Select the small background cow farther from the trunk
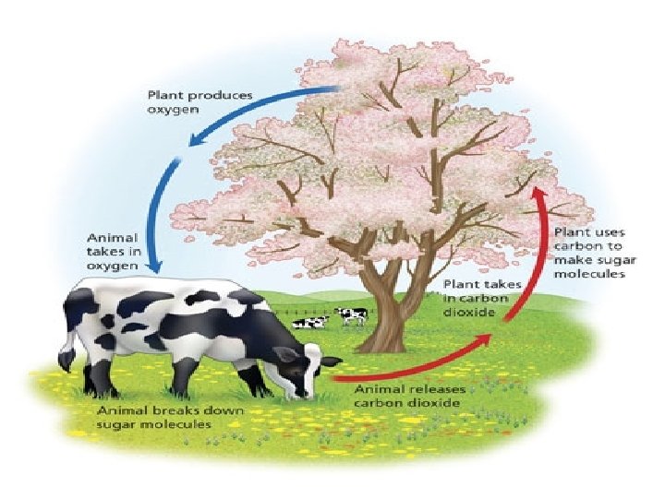311,322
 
